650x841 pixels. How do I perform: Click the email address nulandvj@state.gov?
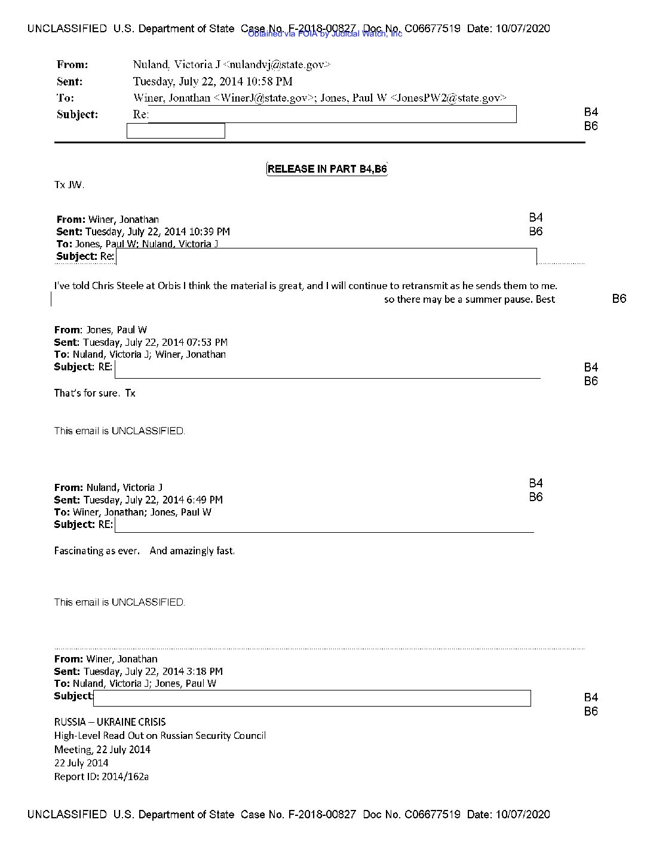[x=276, y=65]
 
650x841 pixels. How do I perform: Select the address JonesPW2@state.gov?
[x=448, y=98]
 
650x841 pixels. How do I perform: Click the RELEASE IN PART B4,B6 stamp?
[x=327, y=169]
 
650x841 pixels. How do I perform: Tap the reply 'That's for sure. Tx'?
[x=94, y=393]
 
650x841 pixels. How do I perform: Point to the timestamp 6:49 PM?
[x=204, y=500]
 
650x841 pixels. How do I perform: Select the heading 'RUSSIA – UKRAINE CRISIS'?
[x=110, y=722]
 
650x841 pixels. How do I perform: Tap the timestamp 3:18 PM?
[x=204, y=671]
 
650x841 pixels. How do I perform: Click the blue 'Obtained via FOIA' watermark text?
[x=324, y=34]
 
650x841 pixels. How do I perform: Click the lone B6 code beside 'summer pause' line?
[x=619, y=299]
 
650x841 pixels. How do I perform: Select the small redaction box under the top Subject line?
[x=176, y=131]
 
